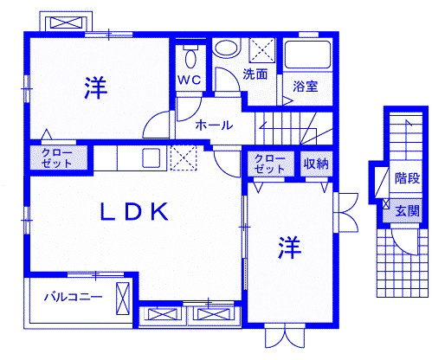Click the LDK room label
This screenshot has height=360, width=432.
coord(134,212)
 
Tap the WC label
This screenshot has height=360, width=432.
coord(190,80)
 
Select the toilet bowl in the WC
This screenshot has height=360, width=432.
coord(190,57)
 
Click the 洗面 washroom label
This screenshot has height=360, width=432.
coord(255,74)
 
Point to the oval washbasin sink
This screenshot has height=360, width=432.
coord(228,48)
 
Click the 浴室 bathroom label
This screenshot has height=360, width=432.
coord(306,87)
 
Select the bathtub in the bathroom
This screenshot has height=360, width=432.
coord(307,55)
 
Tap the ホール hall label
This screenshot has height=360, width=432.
coord(214,125)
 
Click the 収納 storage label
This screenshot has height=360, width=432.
coord(316,164)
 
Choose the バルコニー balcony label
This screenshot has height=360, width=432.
coord(74,297)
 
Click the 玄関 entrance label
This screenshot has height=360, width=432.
coord(407,211)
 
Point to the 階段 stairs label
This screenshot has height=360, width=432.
coord(407,178)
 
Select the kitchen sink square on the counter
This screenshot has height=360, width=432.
coord(152,157)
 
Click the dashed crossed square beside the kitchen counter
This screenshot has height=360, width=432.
coord(184,157)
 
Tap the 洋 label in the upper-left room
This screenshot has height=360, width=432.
coord(96,87)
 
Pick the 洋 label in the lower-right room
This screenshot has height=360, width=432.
coord(289,247)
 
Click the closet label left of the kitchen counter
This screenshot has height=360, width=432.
coord(57,157)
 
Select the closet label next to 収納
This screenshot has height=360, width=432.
coord(270,164)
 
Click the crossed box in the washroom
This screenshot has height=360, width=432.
coord(262,50)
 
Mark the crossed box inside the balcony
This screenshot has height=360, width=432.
coord(123,299)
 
